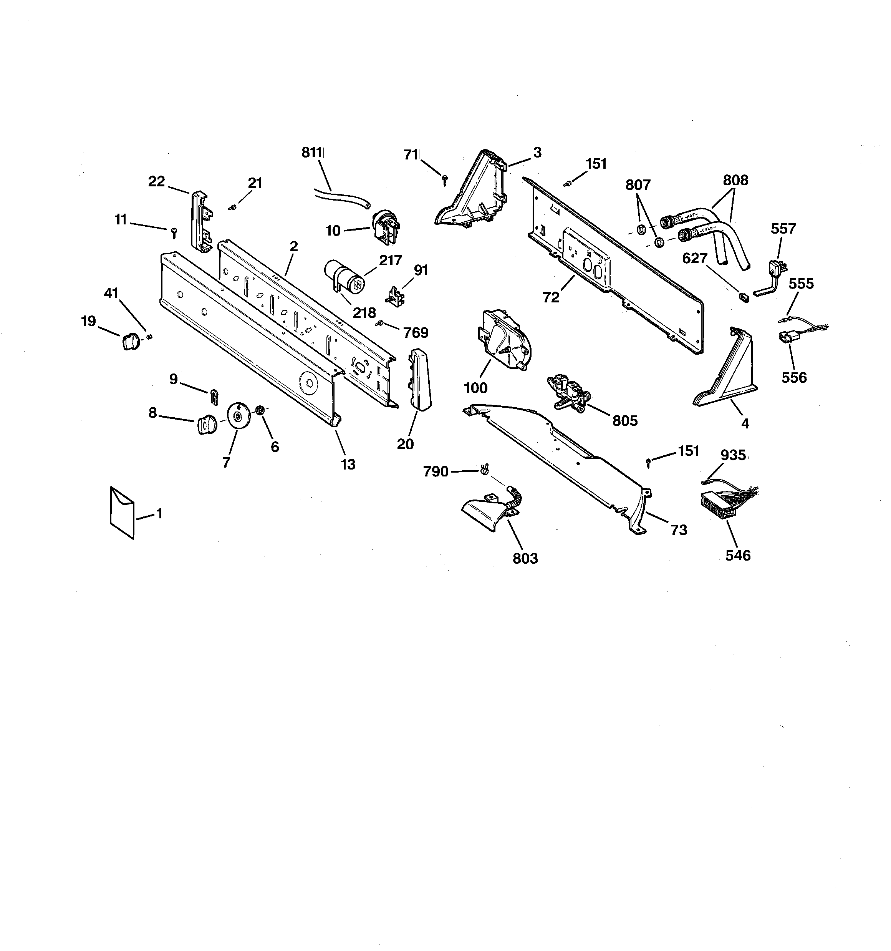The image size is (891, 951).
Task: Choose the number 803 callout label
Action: pyautogui.click(x=525, y=558)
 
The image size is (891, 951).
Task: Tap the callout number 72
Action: pyautogui.click(x=551, y=297)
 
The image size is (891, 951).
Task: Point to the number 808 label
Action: pyautogui.click(x=735, y=180)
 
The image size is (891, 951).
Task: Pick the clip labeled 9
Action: pyautogui.click(x=214, y=397)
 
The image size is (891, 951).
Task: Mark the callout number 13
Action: pyautogui.click(x=348, y=464)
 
